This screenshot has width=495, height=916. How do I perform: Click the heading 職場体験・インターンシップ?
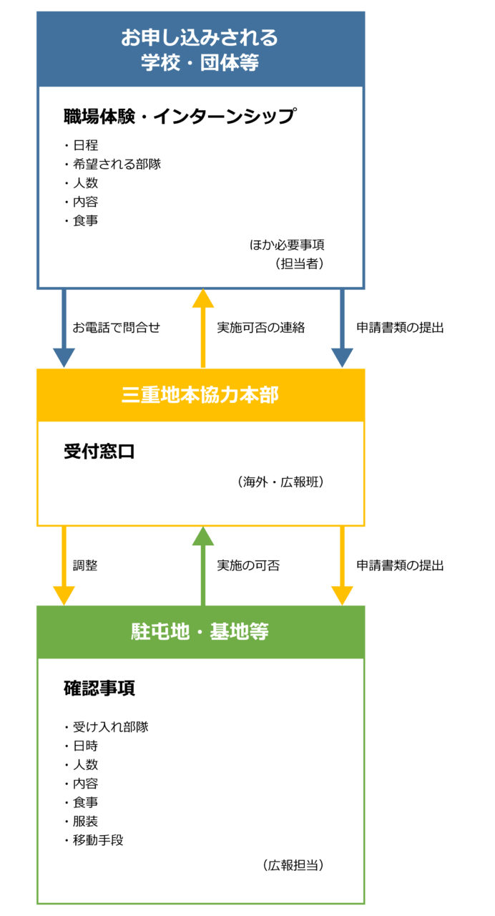(x=180, y=116)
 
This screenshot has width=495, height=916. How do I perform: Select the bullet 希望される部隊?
(x=117, y=164)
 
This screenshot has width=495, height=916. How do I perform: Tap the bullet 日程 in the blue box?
(x=85, y=145)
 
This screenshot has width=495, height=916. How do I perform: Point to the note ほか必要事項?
(x=287, y=245)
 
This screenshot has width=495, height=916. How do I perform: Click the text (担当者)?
(x=300, y=263)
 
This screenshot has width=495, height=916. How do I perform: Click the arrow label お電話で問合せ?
(x=116, y=327)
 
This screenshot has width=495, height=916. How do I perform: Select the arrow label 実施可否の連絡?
(x=261, y=327)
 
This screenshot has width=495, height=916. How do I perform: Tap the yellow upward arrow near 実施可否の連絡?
(x=203, y=328)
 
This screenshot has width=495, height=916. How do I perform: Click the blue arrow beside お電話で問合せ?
(x=64, y=328)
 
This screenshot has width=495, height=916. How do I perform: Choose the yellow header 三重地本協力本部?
(x=200, y=395)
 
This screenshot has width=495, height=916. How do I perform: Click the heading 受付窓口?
(x=99, y=452)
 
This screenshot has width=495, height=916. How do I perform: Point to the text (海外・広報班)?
(x=280, y=482)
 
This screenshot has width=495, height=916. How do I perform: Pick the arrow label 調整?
(x=85, y=565)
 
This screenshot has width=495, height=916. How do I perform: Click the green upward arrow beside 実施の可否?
(x=203, y=566)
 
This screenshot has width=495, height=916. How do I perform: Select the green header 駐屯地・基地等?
(x=200, y=631)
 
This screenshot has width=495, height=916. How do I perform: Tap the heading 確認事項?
(x=99, y=688)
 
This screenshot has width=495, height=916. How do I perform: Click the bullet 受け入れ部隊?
(x=110, y=726)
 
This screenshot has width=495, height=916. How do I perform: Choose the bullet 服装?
(x=85, y=821)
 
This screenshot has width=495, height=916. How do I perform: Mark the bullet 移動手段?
(x=98, y=840)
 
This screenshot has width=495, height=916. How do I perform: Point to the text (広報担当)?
(x=293, y=865)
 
